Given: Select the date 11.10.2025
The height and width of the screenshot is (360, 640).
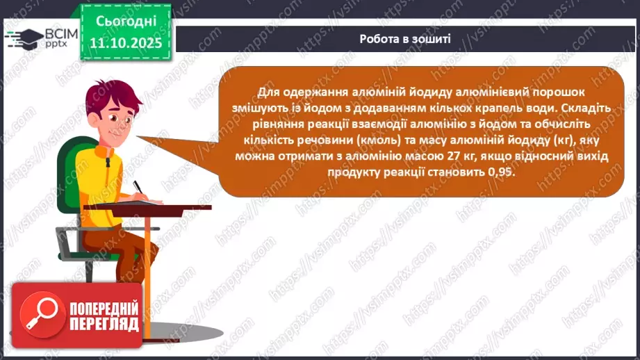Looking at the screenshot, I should click(x=125, y=43).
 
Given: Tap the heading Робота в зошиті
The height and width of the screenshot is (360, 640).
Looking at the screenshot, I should click(x=405, y=39).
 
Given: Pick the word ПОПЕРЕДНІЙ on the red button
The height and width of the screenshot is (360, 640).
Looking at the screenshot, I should click(x=103, y=308).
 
